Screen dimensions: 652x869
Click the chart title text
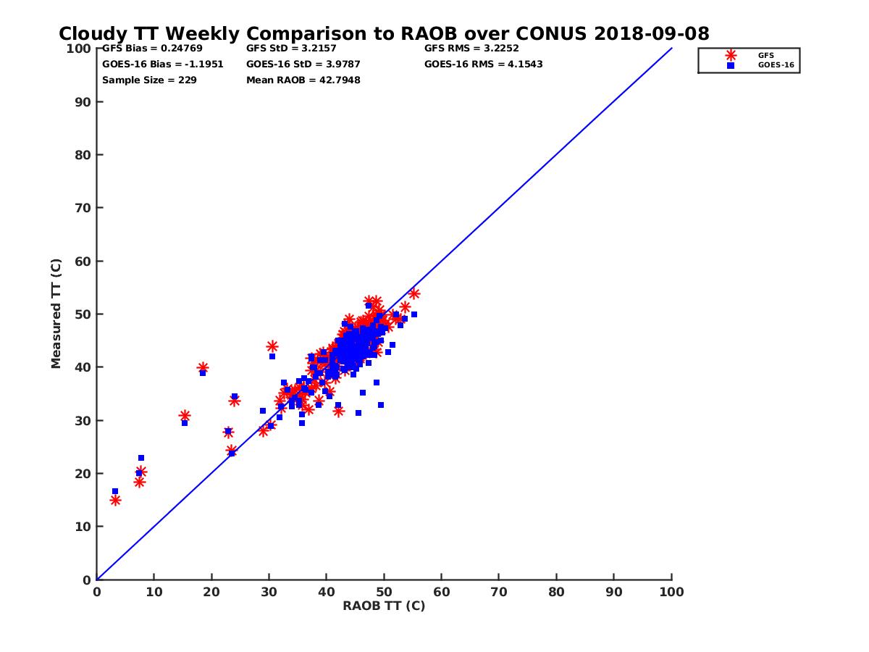[384, 33]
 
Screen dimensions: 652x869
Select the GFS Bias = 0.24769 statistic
[143, 49]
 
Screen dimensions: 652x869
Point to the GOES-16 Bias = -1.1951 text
[162, 64]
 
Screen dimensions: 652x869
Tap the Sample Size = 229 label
[149, 80]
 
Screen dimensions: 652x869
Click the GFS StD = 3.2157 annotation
[286, 49]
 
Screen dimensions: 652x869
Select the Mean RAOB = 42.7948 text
[303, 80]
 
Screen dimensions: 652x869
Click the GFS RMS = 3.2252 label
[471, 49]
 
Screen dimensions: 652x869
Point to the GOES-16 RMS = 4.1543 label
[483, 64]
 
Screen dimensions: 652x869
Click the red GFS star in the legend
[731, 55]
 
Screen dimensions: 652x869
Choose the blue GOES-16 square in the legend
[731, 65]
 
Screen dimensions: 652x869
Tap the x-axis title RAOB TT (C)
[384, 606]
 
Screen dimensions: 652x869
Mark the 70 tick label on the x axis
[499, 592]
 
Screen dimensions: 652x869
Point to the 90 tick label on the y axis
[83, 102]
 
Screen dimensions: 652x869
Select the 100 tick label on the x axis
[672, 592]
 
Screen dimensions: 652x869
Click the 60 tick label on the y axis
[83, 262]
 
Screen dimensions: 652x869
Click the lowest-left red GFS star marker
[115, 501]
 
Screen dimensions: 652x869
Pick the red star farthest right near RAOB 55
[414, 293]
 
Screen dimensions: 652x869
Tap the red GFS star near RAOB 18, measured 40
[203, 368]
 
